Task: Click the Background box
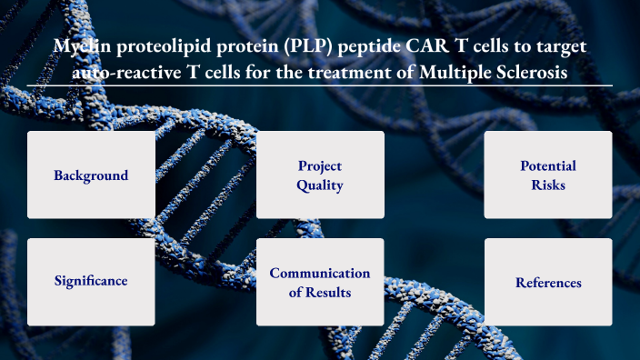coord(91,175)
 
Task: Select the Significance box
coord(91,282)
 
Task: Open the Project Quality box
coord(320,175)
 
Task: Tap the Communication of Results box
coord(320,282)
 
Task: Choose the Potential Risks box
coord(547,175)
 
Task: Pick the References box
coord(547,282)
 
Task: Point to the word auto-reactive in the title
coord(128,72)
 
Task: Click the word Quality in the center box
coord(320,185)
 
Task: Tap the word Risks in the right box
coord(547,185)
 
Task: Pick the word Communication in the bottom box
coord(320,273)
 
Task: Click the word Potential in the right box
coord(547,165)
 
